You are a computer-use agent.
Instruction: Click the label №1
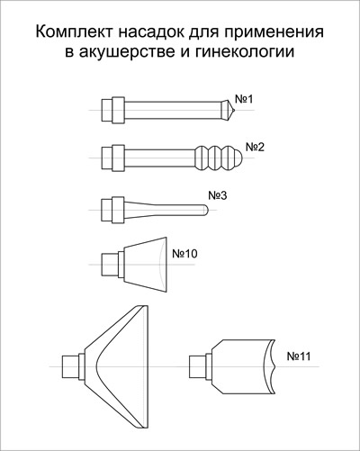click(244, 99)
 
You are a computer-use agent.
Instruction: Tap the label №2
click(255, 148)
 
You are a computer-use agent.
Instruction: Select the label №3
click(218, 195)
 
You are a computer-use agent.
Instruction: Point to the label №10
click(184, 254)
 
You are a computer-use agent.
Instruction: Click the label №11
click(299, 356)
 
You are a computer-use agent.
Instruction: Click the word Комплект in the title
click(75, 32)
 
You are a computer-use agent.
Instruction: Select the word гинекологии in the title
click(245, 51)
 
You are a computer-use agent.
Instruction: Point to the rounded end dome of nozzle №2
click(238, 158)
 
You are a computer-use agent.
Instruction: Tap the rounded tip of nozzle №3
click(205, 210)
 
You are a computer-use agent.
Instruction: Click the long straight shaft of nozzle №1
click(173, 110)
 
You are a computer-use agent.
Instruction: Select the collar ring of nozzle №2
click(119, 158)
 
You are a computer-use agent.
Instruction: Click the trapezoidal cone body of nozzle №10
click(145, 264)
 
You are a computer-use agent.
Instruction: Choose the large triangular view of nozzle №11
click(116, 366)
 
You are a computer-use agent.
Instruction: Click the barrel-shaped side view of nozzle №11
click(243, 366)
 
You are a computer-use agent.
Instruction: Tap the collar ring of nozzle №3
click(118, 210)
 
